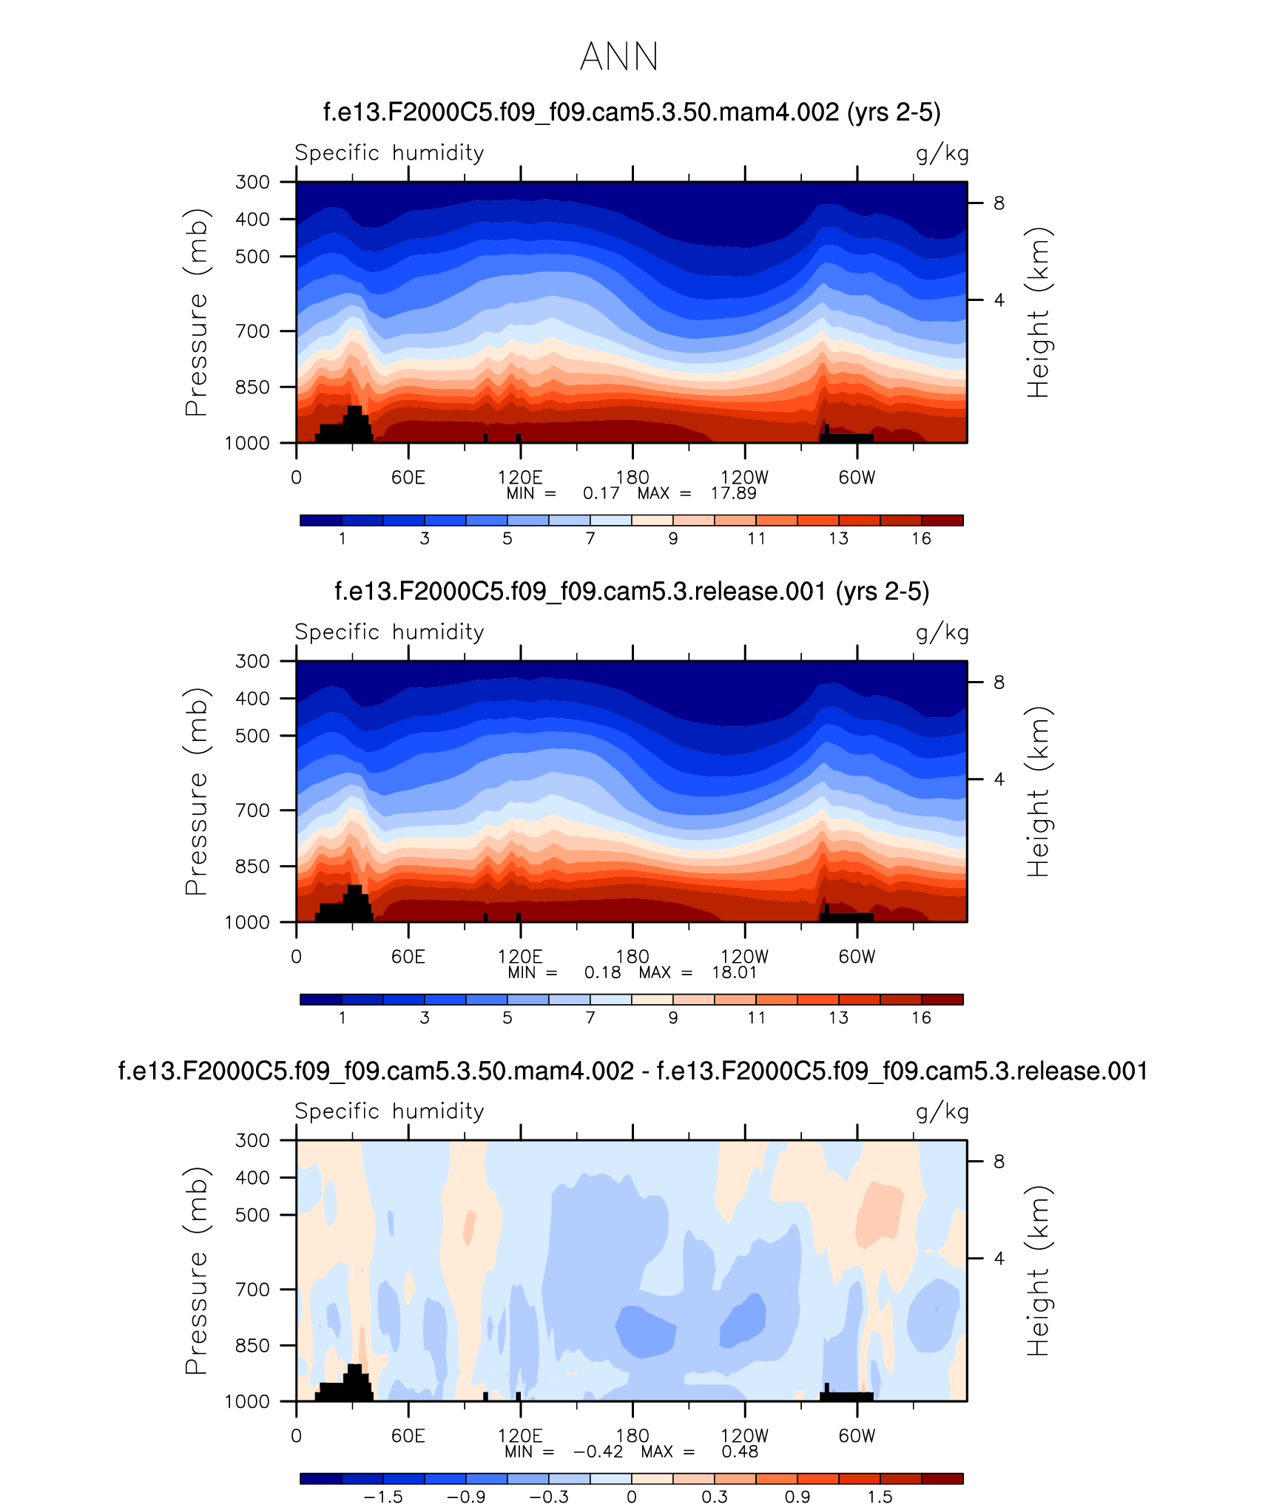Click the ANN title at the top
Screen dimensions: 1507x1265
619,57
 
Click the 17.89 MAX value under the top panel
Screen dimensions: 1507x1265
733,493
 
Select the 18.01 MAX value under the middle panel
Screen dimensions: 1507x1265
735,972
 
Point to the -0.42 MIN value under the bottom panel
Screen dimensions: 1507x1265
598,1452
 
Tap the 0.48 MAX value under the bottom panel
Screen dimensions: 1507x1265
740,1452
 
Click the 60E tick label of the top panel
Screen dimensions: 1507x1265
408,478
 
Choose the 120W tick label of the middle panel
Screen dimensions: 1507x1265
744,957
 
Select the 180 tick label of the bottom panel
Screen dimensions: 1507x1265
632,1435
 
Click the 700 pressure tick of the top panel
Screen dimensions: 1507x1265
252,331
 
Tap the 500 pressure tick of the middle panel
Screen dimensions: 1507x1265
252,736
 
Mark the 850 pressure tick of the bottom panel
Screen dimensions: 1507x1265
252,1345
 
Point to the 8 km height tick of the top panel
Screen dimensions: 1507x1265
999,203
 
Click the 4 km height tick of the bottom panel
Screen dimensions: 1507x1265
999,1258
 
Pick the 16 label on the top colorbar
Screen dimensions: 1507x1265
921,539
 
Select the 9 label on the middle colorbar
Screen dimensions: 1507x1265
673,1018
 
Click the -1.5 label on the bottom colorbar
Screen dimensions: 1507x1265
383,1497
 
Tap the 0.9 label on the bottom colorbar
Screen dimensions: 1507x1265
797,1497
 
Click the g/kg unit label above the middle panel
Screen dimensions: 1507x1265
942,632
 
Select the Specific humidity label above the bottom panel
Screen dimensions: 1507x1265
389,1111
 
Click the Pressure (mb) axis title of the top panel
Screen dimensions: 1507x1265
197,312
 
